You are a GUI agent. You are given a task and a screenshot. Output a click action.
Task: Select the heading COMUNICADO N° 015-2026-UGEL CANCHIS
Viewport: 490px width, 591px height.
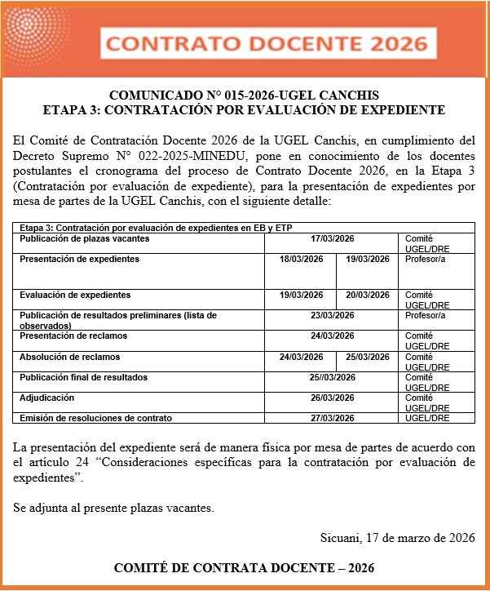(244, 94)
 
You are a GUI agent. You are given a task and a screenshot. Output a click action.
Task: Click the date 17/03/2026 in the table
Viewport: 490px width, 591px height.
(332, 239)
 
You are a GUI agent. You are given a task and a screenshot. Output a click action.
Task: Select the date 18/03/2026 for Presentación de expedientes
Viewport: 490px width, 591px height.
(302, 259)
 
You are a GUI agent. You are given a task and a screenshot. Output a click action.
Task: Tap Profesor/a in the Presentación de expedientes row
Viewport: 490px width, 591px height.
(426, 259)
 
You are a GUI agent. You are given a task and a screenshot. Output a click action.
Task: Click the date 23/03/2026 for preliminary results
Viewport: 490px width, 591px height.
(332, 315)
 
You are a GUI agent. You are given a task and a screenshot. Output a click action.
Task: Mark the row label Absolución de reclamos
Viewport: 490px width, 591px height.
(70, 357)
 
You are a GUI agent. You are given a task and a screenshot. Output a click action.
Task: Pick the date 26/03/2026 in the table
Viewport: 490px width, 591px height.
(332, 398)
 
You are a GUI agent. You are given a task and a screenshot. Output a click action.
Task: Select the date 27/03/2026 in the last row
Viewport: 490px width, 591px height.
(332, 418)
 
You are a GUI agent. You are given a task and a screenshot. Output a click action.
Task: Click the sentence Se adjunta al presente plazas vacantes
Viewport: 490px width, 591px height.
(113, 508)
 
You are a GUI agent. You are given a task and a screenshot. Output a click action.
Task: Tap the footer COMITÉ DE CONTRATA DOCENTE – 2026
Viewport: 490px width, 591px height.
(244, 567)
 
